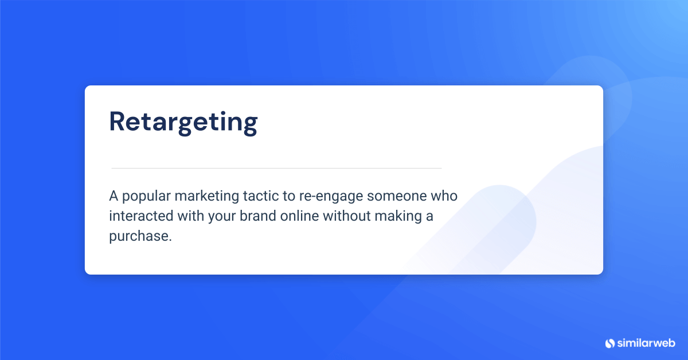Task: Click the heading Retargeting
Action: point(183,123)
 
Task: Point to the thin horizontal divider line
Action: point(276,168)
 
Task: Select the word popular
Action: point(146,197)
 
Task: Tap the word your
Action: point(213,217)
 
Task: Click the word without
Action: point(345,216)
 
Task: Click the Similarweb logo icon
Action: point(610,343)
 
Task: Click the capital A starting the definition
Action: point(114,196)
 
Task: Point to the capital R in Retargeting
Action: point(118,122)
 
